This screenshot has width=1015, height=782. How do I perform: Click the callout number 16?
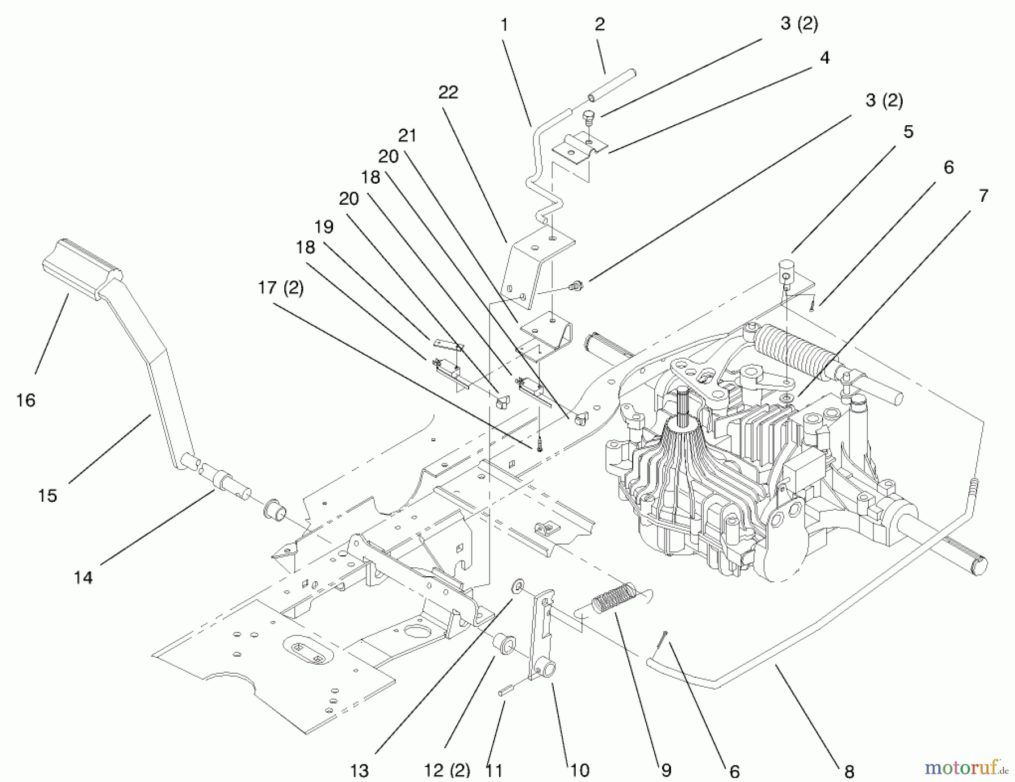[26, 401]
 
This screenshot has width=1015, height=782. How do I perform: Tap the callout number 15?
[47, 496]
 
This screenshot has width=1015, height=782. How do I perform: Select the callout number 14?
[83, 578]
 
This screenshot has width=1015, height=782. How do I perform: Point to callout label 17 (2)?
[281, 288]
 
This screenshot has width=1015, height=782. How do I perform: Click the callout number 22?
[448, 92]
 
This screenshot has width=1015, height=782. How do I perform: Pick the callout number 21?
[407, 135]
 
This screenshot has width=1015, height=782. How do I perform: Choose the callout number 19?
[324, 227]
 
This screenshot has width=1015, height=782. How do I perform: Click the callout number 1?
[504, 25]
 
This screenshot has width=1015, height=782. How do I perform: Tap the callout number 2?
[599, 24]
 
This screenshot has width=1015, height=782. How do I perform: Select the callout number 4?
[824, 58]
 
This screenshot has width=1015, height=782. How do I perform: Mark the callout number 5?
[908, 132]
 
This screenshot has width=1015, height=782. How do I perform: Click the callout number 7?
[983, 196]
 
